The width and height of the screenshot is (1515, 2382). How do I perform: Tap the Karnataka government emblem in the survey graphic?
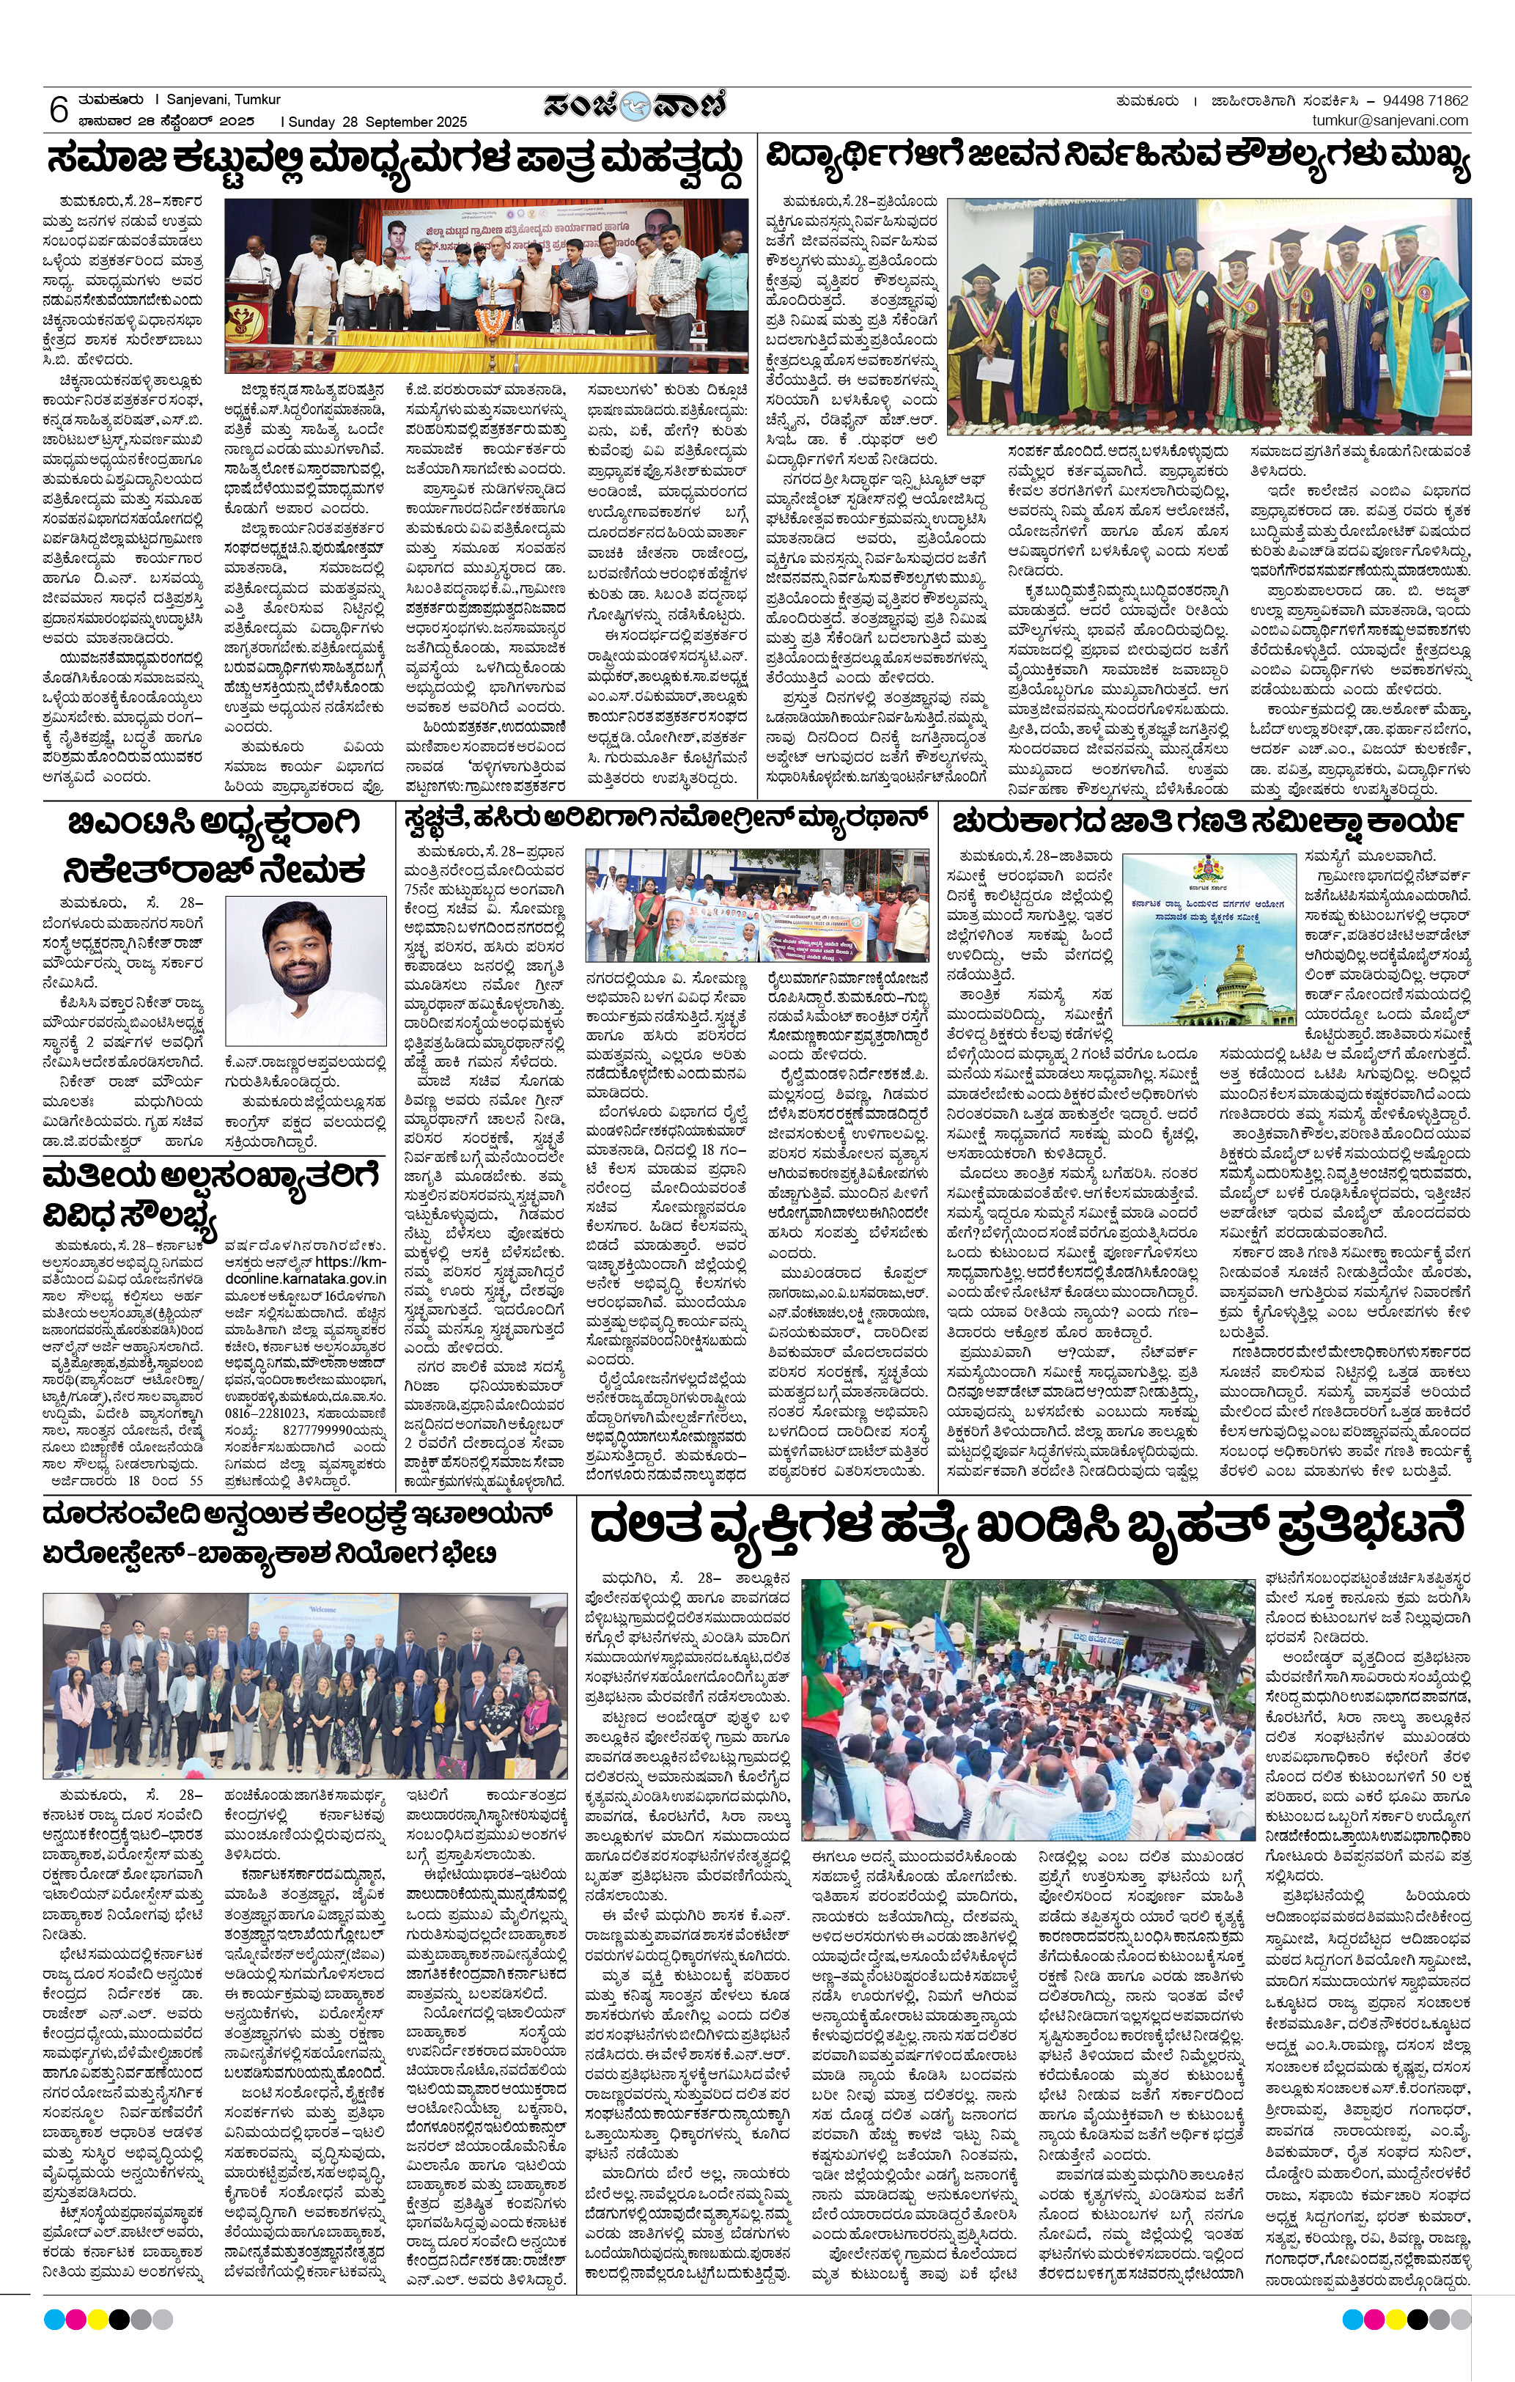pos(1209,872)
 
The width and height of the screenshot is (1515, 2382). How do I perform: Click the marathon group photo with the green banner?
pos(756,905)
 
